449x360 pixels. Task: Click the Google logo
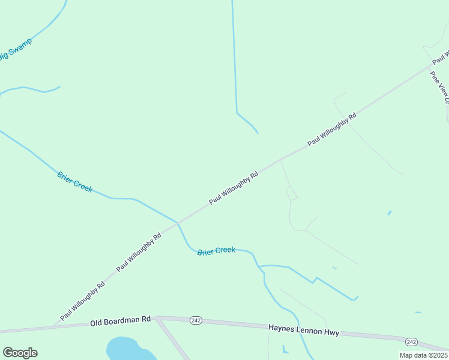(20, 353)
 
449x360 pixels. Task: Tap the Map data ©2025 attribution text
(424, 355)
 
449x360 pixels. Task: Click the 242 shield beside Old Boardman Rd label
(196, 320)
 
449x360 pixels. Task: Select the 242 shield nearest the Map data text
(411, 341)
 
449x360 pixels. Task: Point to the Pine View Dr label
(440, 88)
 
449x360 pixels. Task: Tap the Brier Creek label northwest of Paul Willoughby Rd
(75, 182)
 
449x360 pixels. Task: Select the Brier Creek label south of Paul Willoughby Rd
(216, 251)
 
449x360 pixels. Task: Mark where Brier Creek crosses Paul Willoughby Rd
(178, 223)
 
